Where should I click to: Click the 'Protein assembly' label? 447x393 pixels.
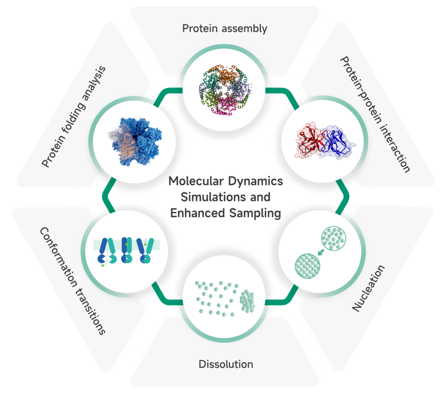click(x=224, y=28)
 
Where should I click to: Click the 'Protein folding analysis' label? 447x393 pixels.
click(x=74, y=117)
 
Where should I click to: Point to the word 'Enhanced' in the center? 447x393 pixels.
click(x=195, y=214)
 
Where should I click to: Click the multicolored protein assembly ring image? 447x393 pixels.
click(x=223, y=86)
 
